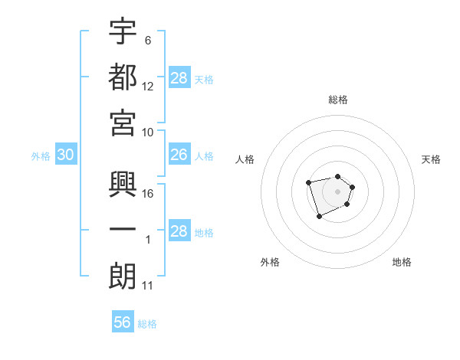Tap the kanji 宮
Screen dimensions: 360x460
coord(123,122)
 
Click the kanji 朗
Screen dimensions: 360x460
coord(123,277)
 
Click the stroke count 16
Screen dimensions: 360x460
coord(149,193)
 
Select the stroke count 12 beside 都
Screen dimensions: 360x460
coord(149,86)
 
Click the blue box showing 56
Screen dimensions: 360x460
coord(123,322)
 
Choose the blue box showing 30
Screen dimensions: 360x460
coord(65,155)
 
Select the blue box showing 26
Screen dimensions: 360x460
coord(179,155)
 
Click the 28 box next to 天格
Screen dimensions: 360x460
coord(179,78)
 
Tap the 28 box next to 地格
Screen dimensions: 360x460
coord(179,231)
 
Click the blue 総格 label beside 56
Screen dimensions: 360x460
coord(147,324)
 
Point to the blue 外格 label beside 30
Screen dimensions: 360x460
coord(41,156)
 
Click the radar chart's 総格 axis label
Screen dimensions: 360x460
coord(338,100)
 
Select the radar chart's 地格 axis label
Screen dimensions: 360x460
coord(402,262)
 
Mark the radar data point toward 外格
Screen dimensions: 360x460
coord(319,217)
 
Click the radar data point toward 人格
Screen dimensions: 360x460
coord(308,182)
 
